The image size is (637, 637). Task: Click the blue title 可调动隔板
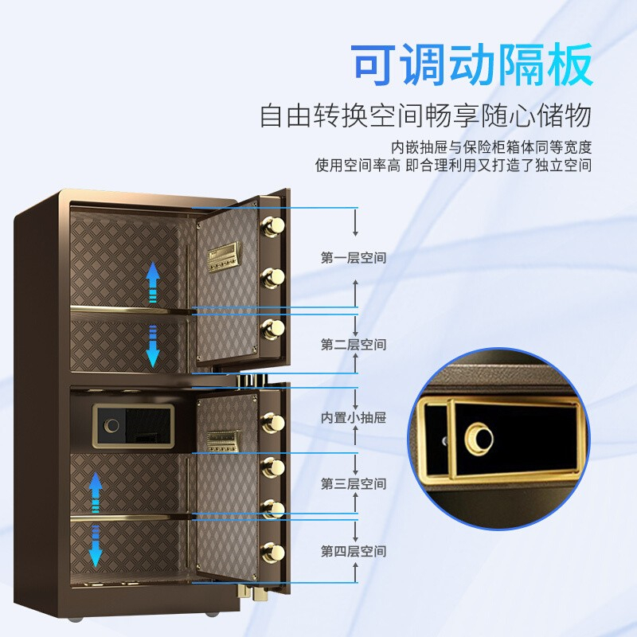473,65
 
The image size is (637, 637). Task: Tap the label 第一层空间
354,258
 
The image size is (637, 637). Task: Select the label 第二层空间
354,344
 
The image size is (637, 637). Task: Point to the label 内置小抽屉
354,416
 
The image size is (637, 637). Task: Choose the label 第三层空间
354,483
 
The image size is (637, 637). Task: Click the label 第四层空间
354,551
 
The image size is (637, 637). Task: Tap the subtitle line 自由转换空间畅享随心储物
426,116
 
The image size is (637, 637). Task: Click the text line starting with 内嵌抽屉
492,147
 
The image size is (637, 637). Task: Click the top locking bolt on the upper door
273,226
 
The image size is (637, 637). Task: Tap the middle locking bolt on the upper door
274,277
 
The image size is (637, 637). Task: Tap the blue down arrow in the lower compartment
96,544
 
